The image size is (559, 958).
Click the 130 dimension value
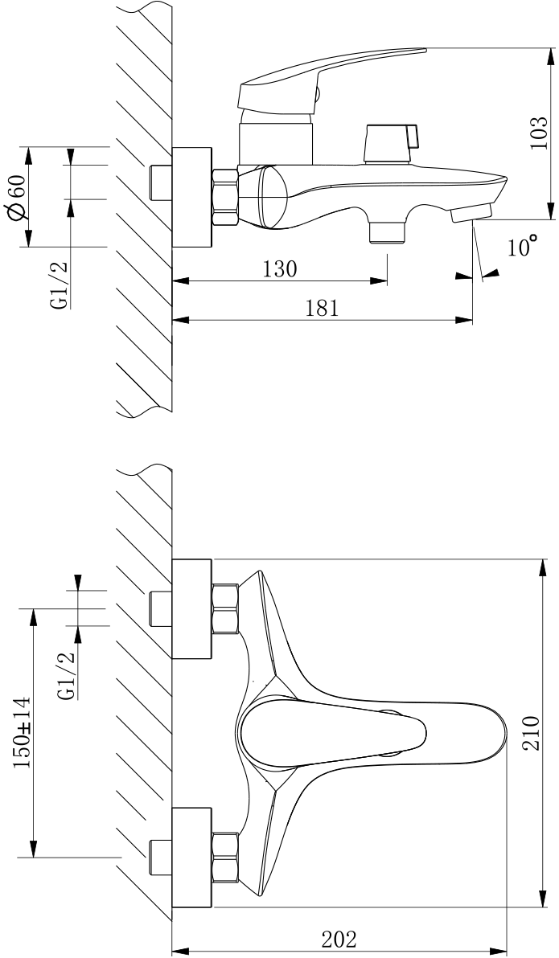click(280, 269)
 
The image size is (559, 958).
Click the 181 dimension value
click(322, 308)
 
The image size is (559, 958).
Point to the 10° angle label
click(523, 247)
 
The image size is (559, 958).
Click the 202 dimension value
click(339, 939)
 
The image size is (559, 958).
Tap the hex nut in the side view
click(224, 195)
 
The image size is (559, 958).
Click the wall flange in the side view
click(192, 197)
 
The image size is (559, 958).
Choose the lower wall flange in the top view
click(192, 858)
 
